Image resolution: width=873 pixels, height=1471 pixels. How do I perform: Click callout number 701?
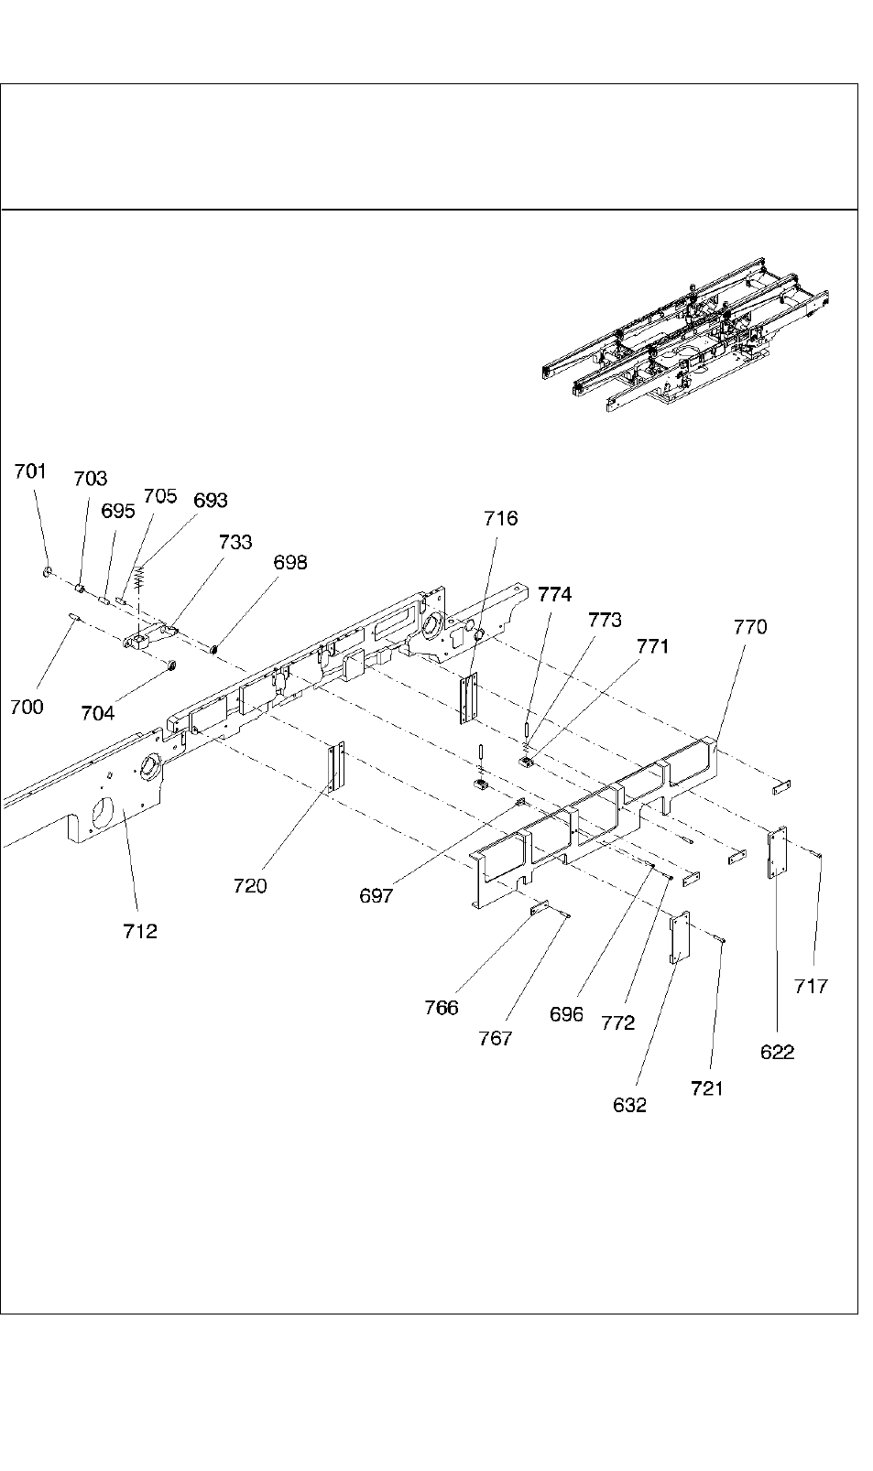[x=29, y=471]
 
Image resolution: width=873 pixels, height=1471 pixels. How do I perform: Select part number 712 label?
[x=140, y=931]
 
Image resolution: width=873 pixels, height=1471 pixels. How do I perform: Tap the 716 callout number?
[x=501, y=519]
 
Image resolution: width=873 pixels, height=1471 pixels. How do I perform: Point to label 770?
[x=750, y=627]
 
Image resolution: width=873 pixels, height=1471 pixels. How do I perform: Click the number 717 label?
[x=812, y=986]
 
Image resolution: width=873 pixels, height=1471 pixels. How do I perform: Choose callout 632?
[x=629, y=1105]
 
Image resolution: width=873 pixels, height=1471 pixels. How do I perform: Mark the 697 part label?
[x=376, y=896]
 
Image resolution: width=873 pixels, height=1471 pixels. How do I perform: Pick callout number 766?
[x=442, y=1008]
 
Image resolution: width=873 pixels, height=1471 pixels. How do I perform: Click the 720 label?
[x=250, y=885]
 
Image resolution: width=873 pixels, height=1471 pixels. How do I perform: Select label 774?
[x=555, y=594]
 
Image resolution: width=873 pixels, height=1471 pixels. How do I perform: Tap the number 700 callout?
[x=27, y=706]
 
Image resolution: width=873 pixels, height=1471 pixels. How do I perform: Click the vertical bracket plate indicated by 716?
[x=469, y=698]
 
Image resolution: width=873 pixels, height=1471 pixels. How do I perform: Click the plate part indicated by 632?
[x=679, y=937]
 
